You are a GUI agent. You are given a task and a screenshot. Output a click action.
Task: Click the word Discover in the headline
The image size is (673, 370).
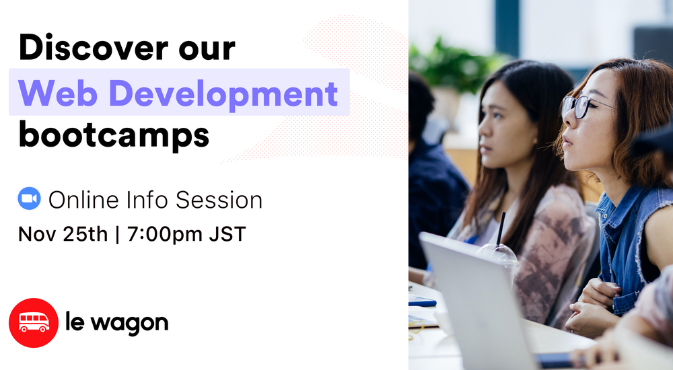[90, 48]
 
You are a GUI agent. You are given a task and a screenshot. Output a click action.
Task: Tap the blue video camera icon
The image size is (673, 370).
[29, 199]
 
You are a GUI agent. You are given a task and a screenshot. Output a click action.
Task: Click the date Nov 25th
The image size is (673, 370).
[63, 234]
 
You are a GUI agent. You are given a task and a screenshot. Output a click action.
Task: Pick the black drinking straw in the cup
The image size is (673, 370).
[500, 229]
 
